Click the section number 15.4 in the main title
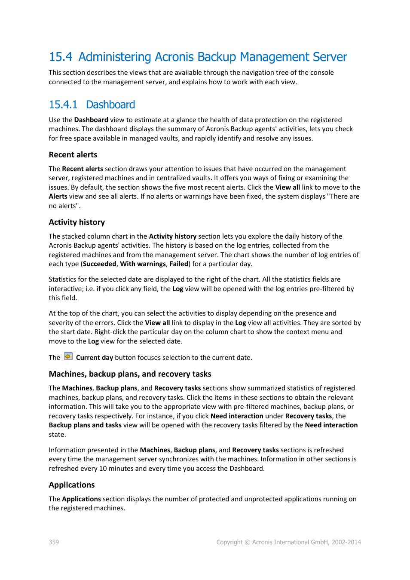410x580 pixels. pos(61,57)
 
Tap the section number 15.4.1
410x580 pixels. pos(63,105)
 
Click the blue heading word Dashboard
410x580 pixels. pos(110,105)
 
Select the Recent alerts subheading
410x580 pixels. pos(73,155)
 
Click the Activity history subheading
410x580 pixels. pos(77,222)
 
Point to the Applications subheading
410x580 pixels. pos(72,485)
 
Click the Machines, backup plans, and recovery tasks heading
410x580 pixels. pos(130,374)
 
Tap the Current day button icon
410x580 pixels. pos(68,356)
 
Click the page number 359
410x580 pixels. pos(54,542)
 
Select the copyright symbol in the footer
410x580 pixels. pos(247,543)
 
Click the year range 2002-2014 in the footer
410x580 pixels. pos(346,542)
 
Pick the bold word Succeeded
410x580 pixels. pos(100,264)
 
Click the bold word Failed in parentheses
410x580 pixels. pos(179,264)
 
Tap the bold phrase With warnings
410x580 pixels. pos(143,264)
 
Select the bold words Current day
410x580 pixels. pos(95,358)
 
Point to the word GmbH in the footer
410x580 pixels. pos(319,542)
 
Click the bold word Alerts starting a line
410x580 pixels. pos(58,196)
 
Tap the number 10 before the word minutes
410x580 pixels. pos(103,469)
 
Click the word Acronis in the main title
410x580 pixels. pos(177,57)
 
